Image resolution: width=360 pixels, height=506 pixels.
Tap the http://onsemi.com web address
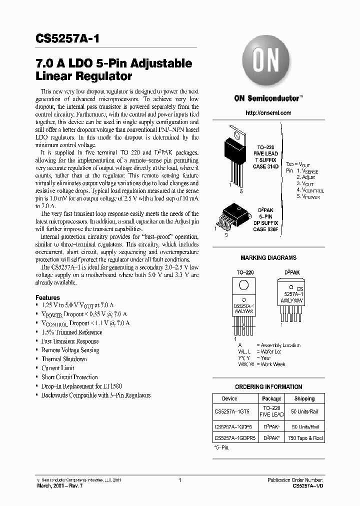(x=268, y=113)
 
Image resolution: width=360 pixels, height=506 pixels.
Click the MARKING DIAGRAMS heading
(x=268, y=258)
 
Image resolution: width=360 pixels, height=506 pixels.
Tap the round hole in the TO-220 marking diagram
(x=243, y=285)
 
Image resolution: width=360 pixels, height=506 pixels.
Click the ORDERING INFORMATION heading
(x=268, y=386)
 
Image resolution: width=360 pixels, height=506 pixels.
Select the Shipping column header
(x=304, y=398)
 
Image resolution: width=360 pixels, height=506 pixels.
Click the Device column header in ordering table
(x=229, y=398)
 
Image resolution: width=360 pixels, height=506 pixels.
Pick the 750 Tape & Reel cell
(x=304, y=438)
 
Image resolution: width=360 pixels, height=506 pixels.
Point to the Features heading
(x=47, y=297)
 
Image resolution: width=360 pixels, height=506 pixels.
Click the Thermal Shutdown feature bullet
(x=64, y=359)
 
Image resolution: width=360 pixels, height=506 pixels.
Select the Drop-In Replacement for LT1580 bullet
(x=81, y=386)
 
